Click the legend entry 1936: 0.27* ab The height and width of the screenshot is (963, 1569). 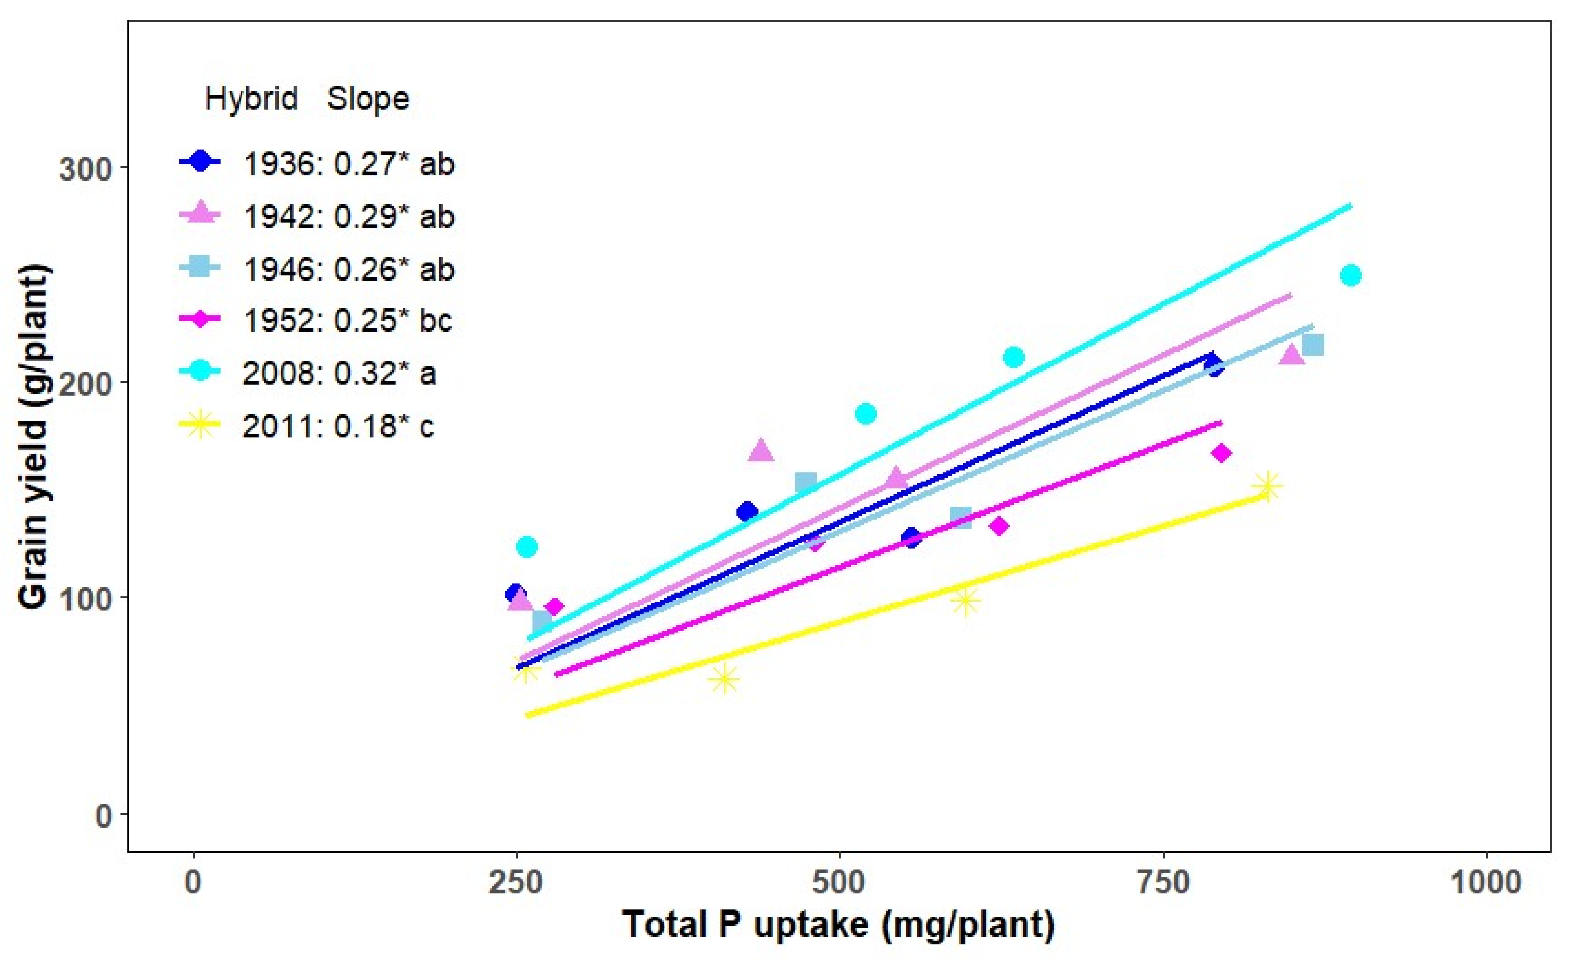[349, 164]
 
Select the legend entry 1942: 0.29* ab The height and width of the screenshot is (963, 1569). [349, 217]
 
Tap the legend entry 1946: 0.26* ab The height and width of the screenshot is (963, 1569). [349, 269]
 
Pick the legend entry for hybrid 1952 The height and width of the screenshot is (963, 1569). [348, 320]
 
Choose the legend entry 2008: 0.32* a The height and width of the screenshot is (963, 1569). [339, 373]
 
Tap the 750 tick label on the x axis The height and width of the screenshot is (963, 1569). [1164, 883]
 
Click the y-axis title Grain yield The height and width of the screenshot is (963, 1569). [33, 437]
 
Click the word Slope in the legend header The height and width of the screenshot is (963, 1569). [367, 99]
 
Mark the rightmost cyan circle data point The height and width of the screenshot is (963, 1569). [1351, 275]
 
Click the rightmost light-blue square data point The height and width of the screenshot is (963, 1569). [1313, 345]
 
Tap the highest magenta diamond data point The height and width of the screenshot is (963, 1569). [1221, 453]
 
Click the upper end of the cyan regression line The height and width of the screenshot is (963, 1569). [1350, 205]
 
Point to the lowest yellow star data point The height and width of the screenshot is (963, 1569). [724, 679]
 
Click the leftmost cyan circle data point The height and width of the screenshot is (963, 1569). [527, 546]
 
